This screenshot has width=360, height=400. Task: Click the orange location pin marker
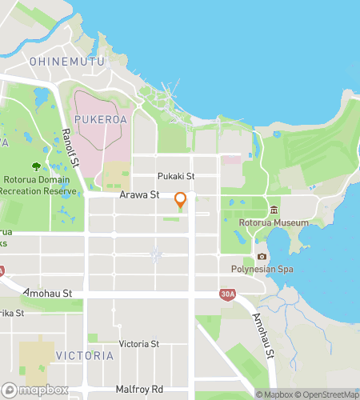181,200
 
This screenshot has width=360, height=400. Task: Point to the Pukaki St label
176,176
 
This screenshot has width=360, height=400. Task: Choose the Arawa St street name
139,194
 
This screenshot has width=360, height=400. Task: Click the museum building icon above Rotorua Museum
274,210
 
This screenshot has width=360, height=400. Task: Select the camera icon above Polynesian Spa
262,257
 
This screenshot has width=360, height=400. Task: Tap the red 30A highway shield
228,294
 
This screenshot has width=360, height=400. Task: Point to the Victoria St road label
138,343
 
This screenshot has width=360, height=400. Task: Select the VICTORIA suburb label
84,354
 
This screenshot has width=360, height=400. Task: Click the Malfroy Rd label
140,390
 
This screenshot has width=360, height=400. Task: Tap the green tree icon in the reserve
36,166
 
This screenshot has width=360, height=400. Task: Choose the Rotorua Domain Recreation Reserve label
38,186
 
